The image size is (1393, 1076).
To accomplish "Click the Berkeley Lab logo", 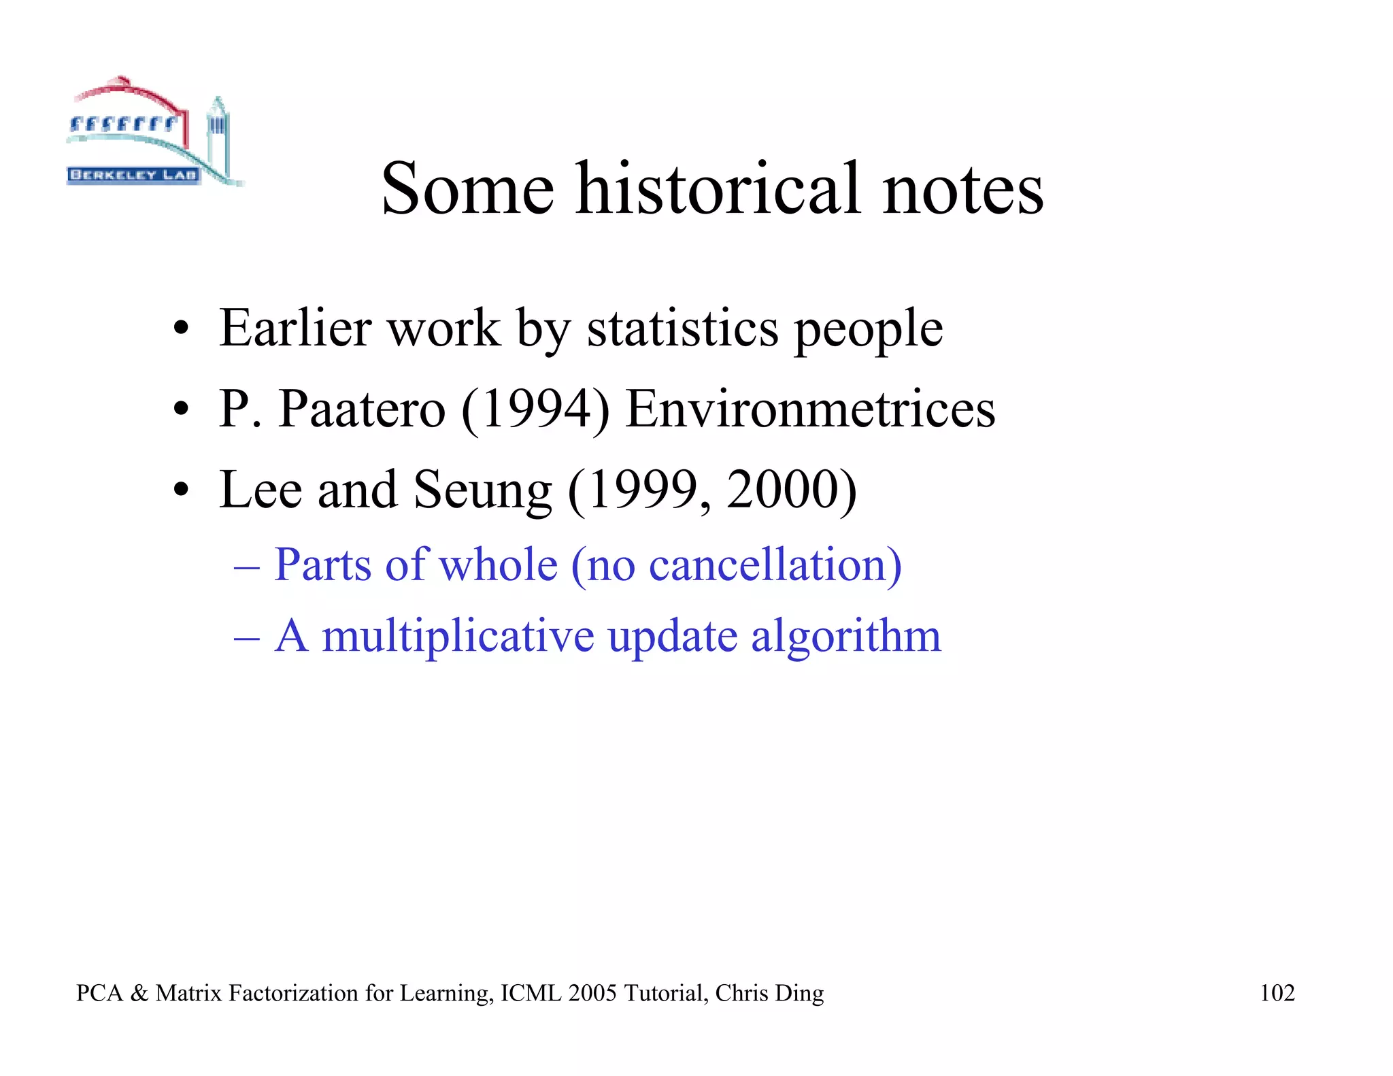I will click(153, 133).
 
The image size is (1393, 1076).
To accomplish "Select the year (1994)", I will click(535, 410).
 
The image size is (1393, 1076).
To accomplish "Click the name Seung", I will click(482, 490).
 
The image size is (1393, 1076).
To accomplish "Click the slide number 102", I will click(1277, 993).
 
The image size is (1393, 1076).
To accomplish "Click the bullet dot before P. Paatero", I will click(180, 410).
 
